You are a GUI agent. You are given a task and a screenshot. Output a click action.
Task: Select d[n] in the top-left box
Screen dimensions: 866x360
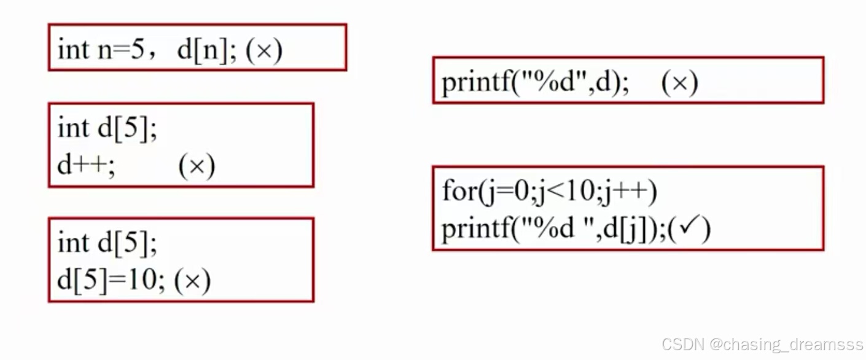point(202,50)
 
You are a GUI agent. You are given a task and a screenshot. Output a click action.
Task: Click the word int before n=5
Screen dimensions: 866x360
point(74,49)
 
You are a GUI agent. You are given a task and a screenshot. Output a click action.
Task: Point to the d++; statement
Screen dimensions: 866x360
point(86,166)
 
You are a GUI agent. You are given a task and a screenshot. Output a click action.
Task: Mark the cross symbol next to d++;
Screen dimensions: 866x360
point(197,166)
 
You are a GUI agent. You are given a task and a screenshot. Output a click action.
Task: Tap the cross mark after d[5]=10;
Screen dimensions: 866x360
point(192,281)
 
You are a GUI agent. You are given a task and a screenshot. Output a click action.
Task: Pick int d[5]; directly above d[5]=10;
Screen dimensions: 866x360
point(107,243)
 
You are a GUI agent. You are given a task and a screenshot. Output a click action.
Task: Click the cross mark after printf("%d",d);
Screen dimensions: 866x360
point(679,83)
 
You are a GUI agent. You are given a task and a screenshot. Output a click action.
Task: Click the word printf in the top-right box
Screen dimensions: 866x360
point(475,83)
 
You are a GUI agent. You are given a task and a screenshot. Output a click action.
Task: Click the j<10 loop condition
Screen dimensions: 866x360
point(558,192)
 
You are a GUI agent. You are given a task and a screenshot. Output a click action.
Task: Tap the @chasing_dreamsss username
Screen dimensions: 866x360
point(786,345)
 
